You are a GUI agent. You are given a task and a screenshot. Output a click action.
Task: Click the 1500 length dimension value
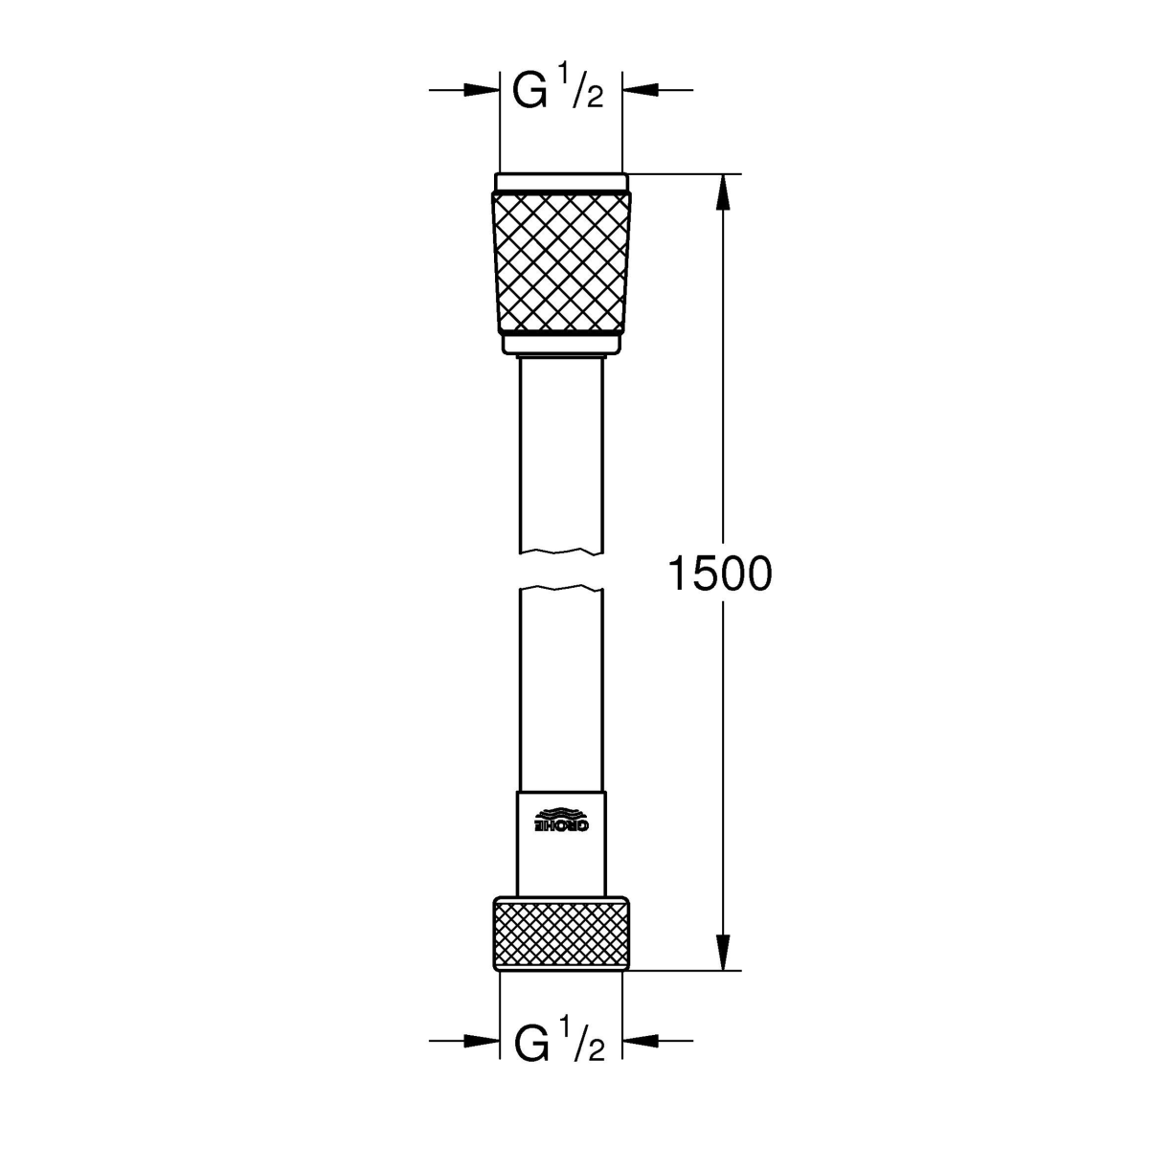[x=720, y=574]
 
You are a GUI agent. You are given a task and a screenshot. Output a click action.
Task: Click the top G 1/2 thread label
[x=558, y=90]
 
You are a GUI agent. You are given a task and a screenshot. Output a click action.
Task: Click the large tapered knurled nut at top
[x=561, y=261]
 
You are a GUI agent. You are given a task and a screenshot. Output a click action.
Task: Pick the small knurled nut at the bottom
[x=561, y=940]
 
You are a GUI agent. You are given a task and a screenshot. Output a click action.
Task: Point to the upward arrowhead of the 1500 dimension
[x=723, y=192]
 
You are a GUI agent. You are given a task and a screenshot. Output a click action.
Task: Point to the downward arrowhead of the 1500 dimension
[x=723, y=952]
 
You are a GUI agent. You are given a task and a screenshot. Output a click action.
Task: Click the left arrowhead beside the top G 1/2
[x=482, y=90]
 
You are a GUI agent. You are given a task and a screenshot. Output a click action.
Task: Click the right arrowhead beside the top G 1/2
[x=640, y=90]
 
